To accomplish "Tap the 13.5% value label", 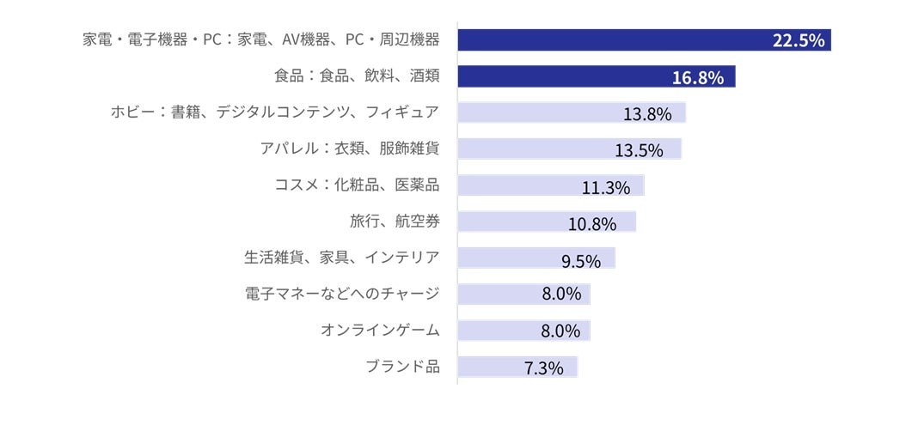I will click(639, 151).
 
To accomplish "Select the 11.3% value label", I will click(606, 187).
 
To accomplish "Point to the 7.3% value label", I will click(543, 369).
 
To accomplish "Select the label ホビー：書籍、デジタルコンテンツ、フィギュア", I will click(275, 112).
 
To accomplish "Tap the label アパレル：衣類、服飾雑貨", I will click(350, 149).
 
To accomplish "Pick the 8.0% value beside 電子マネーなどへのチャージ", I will click(561, 294).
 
